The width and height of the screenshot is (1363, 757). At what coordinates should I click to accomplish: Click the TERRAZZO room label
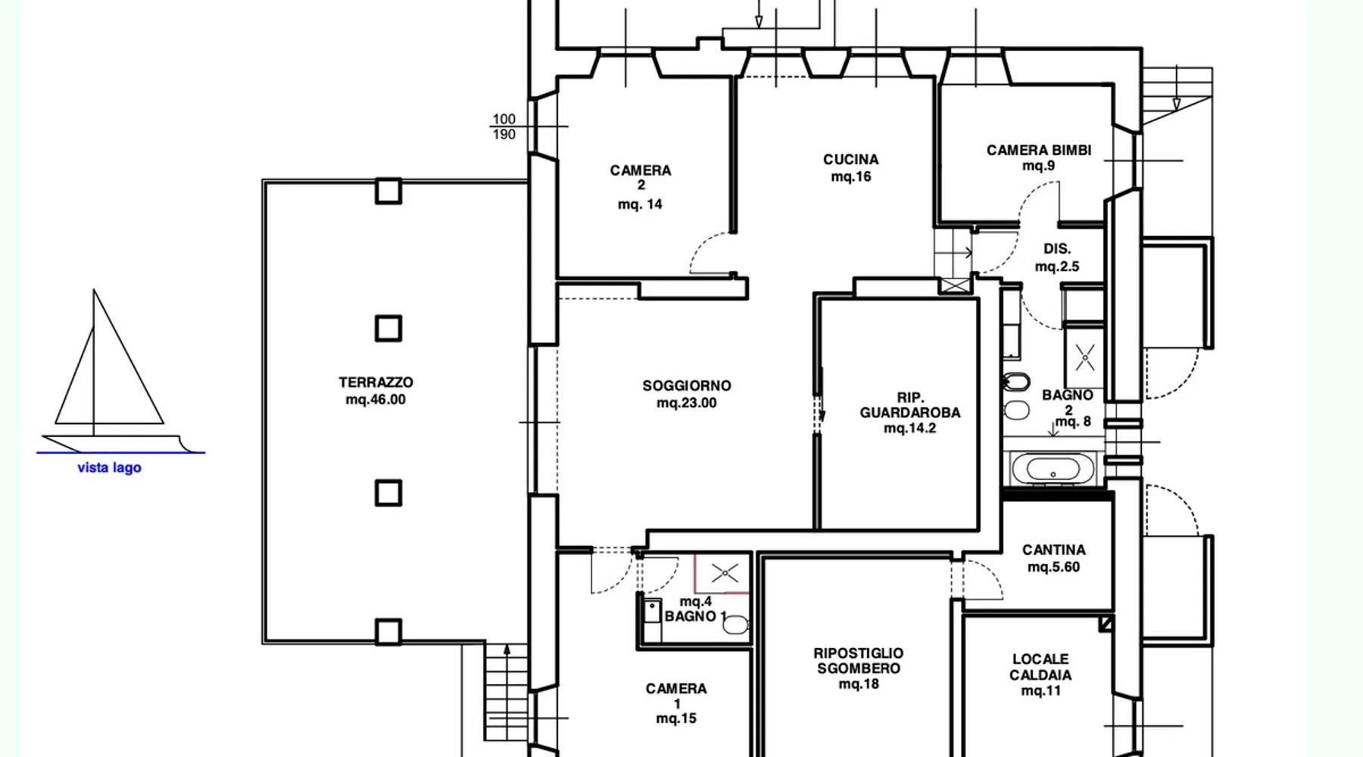[376, 382]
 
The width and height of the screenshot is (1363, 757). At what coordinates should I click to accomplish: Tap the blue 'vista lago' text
[109, 468]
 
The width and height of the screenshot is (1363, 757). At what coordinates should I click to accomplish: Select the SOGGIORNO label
[687, 385]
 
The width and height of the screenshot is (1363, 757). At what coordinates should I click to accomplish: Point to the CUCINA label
[851, 159]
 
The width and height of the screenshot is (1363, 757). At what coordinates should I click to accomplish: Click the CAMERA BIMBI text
[1039, 150]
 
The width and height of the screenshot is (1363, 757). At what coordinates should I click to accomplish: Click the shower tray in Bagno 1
[723, 573]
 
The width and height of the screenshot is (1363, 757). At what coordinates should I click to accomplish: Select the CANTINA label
[1053, 550]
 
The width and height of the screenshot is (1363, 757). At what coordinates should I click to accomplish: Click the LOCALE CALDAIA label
[1041, 667]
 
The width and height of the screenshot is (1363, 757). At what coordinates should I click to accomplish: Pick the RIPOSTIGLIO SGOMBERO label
[859, 660]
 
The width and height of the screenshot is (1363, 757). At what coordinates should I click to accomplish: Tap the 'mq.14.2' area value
[909, 428]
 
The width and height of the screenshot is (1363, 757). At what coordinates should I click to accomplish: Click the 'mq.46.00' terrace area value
[376, 400]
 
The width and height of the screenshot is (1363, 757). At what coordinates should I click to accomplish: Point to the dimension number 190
[504, 135]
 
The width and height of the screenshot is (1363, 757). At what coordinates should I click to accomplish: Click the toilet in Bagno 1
[735, 625]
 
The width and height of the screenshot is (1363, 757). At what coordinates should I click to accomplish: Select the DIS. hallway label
[1057, 249]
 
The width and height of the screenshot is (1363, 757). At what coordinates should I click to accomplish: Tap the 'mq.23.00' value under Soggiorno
[687, 403]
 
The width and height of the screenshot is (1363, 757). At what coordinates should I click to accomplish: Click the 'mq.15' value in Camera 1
[676, 718]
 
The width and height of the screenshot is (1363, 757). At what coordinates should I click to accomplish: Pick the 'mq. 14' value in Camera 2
[640, 204]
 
